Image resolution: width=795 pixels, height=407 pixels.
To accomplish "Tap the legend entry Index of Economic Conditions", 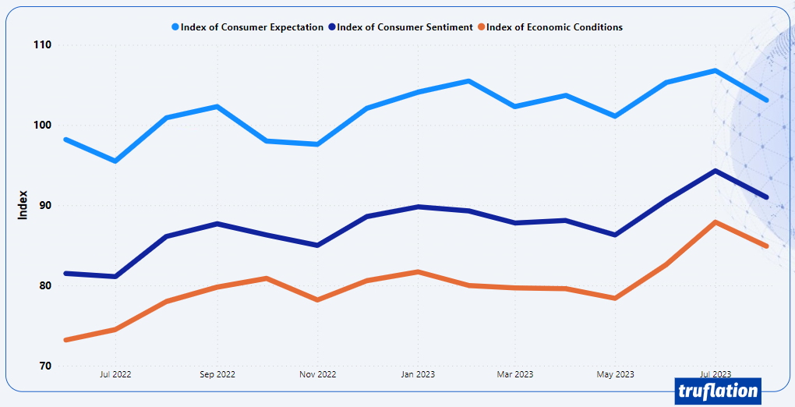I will point(554,27).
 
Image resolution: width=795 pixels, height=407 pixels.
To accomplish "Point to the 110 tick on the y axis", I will point(41,45).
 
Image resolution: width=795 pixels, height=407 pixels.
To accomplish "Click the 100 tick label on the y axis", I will point(41,126).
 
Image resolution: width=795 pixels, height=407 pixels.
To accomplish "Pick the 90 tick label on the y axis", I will point(44,206).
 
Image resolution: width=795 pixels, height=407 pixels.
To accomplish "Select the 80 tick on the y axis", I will point(44,286).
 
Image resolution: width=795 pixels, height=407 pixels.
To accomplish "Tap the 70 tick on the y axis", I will point(44,366).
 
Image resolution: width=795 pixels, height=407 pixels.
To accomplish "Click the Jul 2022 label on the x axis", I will point(115,374).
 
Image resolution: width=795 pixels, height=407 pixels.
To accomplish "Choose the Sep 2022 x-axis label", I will point(217,374).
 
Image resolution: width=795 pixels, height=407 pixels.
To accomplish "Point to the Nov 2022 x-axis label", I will point(317,374).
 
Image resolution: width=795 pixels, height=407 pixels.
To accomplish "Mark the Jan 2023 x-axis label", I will point(418,374).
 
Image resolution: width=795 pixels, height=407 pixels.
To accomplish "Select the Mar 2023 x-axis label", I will point(515,374).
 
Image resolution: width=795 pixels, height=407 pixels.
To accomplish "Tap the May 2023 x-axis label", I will point(615,374).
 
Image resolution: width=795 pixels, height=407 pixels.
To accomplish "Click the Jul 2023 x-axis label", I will point(715,374).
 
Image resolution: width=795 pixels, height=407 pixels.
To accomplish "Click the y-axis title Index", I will point(23,205).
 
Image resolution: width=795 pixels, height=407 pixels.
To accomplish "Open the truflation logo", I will point(717,391).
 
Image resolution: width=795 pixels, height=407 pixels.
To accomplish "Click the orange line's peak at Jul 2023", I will point(715,222).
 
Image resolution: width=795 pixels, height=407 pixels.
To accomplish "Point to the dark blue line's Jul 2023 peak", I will point(715,171).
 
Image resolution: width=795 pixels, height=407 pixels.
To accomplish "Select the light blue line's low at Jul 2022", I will point(115,161).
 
